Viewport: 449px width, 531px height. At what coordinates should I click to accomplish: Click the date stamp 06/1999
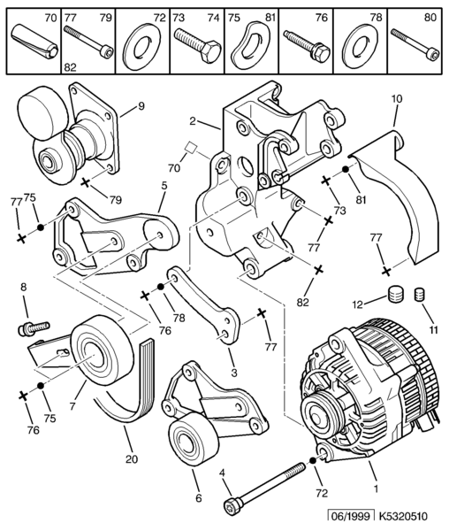pos(351,517)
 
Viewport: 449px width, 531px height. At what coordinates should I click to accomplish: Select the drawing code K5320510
pos(403,517)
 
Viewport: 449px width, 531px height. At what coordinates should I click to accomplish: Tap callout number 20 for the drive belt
pos(132,459)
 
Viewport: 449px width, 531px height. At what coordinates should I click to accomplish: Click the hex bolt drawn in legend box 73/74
pos(197,46)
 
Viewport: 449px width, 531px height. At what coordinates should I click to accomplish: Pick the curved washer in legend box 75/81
pos(250,42)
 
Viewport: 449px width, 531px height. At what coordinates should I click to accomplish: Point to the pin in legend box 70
pos(34,42)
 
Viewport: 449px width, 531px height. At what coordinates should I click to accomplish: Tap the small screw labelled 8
pos(33,328)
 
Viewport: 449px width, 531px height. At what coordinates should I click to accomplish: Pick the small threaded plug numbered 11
pos(419,294)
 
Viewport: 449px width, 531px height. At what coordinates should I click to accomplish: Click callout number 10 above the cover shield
pos(397,99)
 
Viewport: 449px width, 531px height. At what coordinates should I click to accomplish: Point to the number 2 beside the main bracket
pos(193,121)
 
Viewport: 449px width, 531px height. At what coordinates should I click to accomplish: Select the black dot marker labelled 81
pos(346,169)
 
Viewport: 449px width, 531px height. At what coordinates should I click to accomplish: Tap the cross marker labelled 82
pos(319,269)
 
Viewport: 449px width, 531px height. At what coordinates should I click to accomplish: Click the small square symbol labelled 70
pos(191,148)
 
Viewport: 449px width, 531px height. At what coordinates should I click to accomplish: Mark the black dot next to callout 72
pos(313,460)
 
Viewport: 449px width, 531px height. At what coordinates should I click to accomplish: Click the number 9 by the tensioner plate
pos(141,106)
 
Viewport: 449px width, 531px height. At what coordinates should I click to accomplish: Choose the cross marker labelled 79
pos(86,183)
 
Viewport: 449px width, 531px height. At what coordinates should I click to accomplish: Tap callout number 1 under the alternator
pos(376,489)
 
